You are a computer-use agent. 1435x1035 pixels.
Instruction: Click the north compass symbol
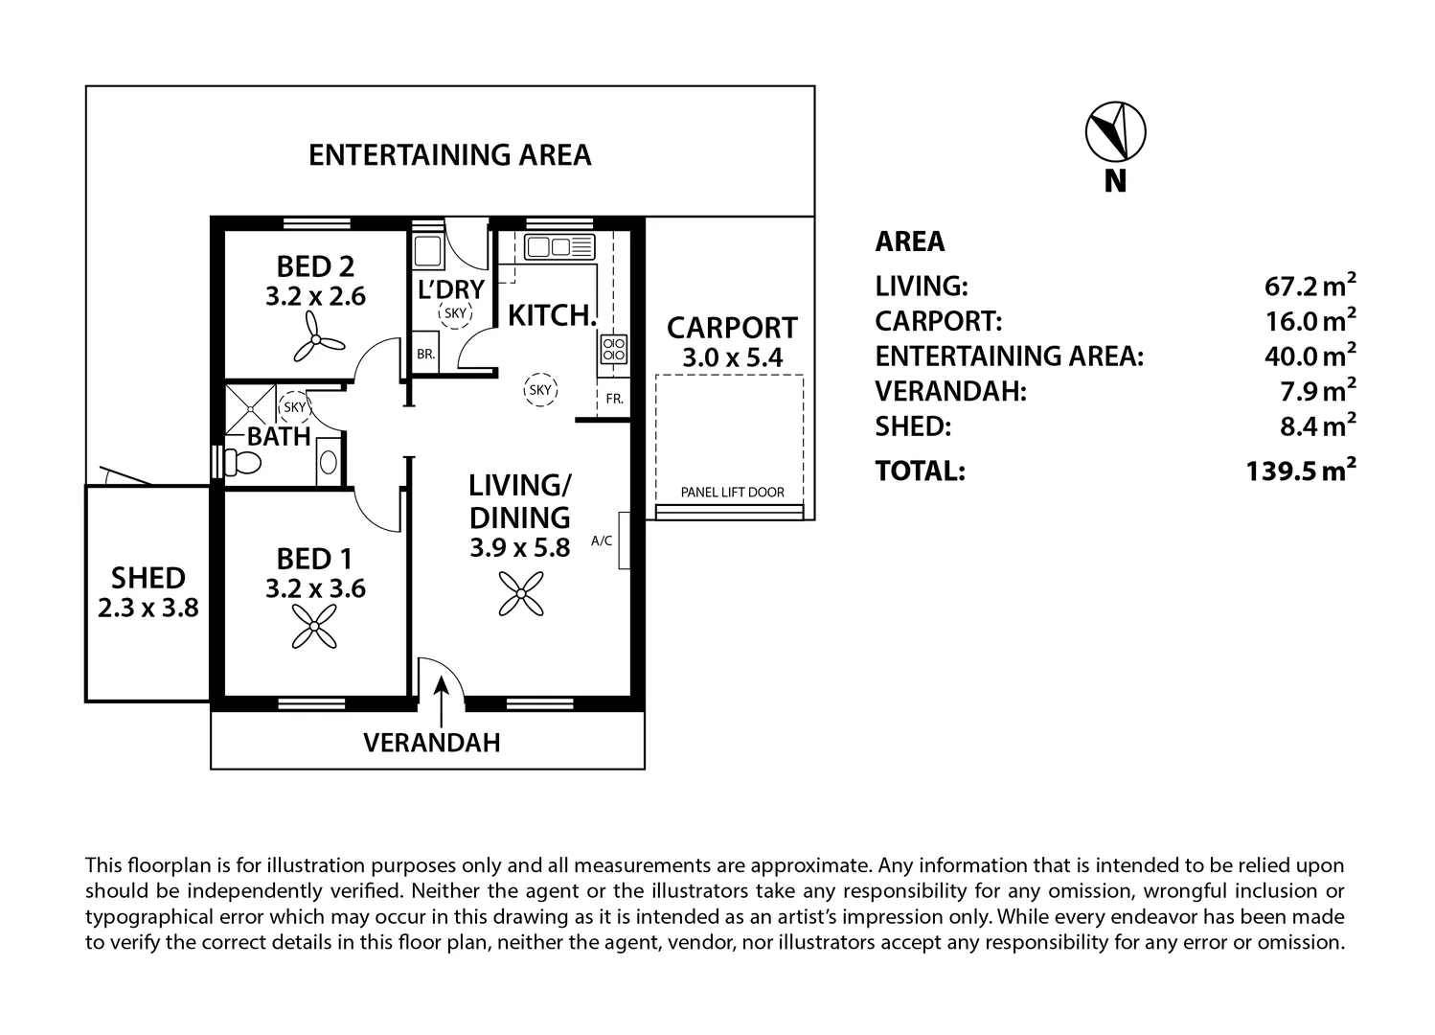point(1115,130)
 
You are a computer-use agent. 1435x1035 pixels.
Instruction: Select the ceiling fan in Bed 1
point(315,629)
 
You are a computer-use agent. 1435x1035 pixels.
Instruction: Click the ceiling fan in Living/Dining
point(520,593)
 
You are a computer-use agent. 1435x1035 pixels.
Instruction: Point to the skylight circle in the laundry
point(455,312)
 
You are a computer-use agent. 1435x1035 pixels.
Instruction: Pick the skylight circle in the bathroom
point(294,407)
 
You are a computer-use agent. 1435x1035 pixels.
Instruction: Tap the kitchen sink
point(559,246)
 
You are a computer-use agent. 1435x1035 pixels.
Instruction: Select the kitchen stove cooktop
point(613,348)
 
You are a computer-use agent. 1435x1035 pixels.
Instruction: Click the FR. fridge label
point(614,399)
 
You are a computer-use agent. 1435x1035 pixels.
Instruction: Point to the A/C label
point(602,540)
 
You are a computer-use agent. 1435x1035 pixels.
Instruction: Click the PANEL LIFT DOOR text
point(732,493)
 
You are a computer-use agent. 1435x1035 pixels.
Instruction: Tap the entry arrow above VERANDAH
point(442,701)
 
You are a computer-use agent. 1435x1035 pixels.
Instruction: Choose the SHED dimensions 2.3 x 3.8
point(148,607)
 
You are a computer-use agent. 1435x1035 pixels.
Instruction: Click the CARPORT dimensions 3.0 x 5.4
point(732,359)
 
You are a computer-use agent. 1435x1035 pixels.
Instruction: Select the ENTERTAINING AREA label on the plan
point(449,155)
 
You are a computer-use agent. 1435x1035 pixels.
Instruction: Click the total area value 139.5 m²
point(1301,471)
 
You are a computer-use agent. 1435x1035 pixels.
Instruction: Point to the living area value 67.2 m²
point(1310,286)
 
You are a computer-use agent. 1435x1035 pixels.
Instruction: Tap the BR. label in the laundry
point(425,354)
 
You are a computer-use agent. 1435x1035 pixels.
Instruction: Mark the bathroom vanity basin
point(328,463)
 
